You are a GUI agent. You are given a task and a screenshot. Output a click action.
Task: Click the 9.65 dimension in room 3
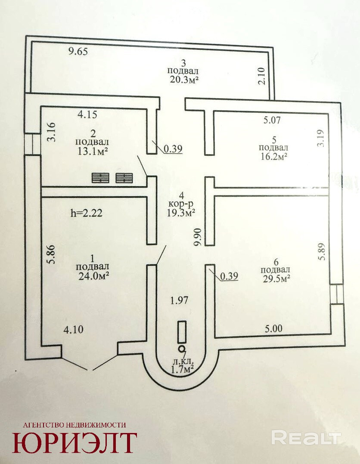[78, 52]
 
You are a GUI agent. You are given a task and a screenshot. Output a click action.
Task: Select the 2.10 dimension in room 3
[262, 77]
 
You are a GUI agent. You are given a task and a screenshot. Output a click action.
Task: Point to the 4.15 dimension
[87, 114]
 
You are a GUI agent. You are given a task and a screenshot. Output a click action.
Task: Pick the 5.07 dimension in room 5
[272, 120]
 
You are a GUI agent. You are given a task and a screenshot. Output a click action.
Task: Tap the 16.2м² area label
[273, 156]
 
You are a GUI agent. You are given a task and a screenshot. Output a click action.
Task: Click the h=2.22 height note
[87, 213]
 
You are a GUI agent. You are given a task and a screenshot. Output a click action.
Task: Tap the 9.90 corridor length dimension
[198, 237]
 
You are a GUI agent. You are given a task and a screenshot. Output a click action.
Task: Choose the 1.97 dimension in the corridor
[179, 300]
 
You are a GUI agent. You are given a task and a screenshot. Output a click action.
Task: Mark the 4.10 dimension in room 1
[73, 329]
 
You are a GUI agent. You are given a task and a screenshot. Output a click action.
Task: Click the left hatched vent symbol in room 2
[100, 177]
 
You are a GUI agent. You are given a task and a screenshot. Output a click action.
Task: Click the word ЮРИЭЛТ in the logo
[74, 442]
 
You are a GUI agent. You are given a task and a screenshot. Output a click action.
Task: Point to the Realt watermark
[307, 437]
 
